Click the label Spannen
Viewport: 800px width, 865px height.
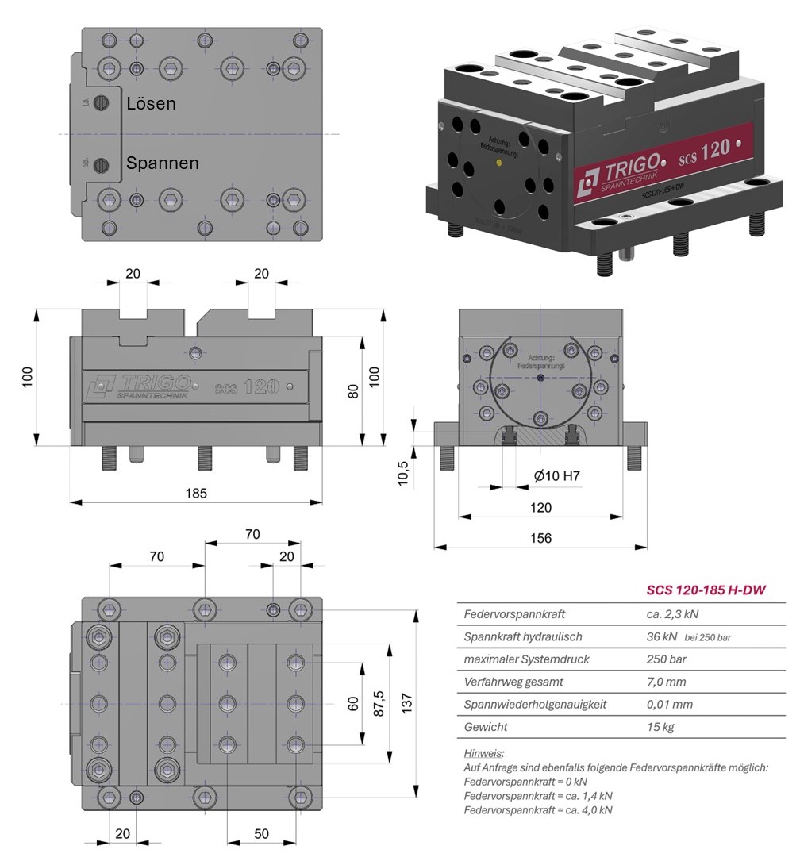(162, 163)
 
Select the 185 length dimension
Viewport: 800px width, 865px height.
(195, 493)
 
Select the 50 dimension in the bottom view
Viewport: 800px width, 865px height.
(262, 833)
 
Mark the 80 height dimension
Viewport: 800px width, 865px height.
(354, 390)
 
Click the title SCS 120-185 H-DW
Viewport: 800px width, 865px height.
(699, 590)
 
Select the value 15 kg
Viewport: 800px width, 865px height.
(660, 727)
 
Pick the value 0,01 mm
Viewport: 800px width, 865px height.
(669, 704)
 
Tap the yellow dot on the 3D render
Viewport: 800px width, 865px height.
(498, 163)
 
